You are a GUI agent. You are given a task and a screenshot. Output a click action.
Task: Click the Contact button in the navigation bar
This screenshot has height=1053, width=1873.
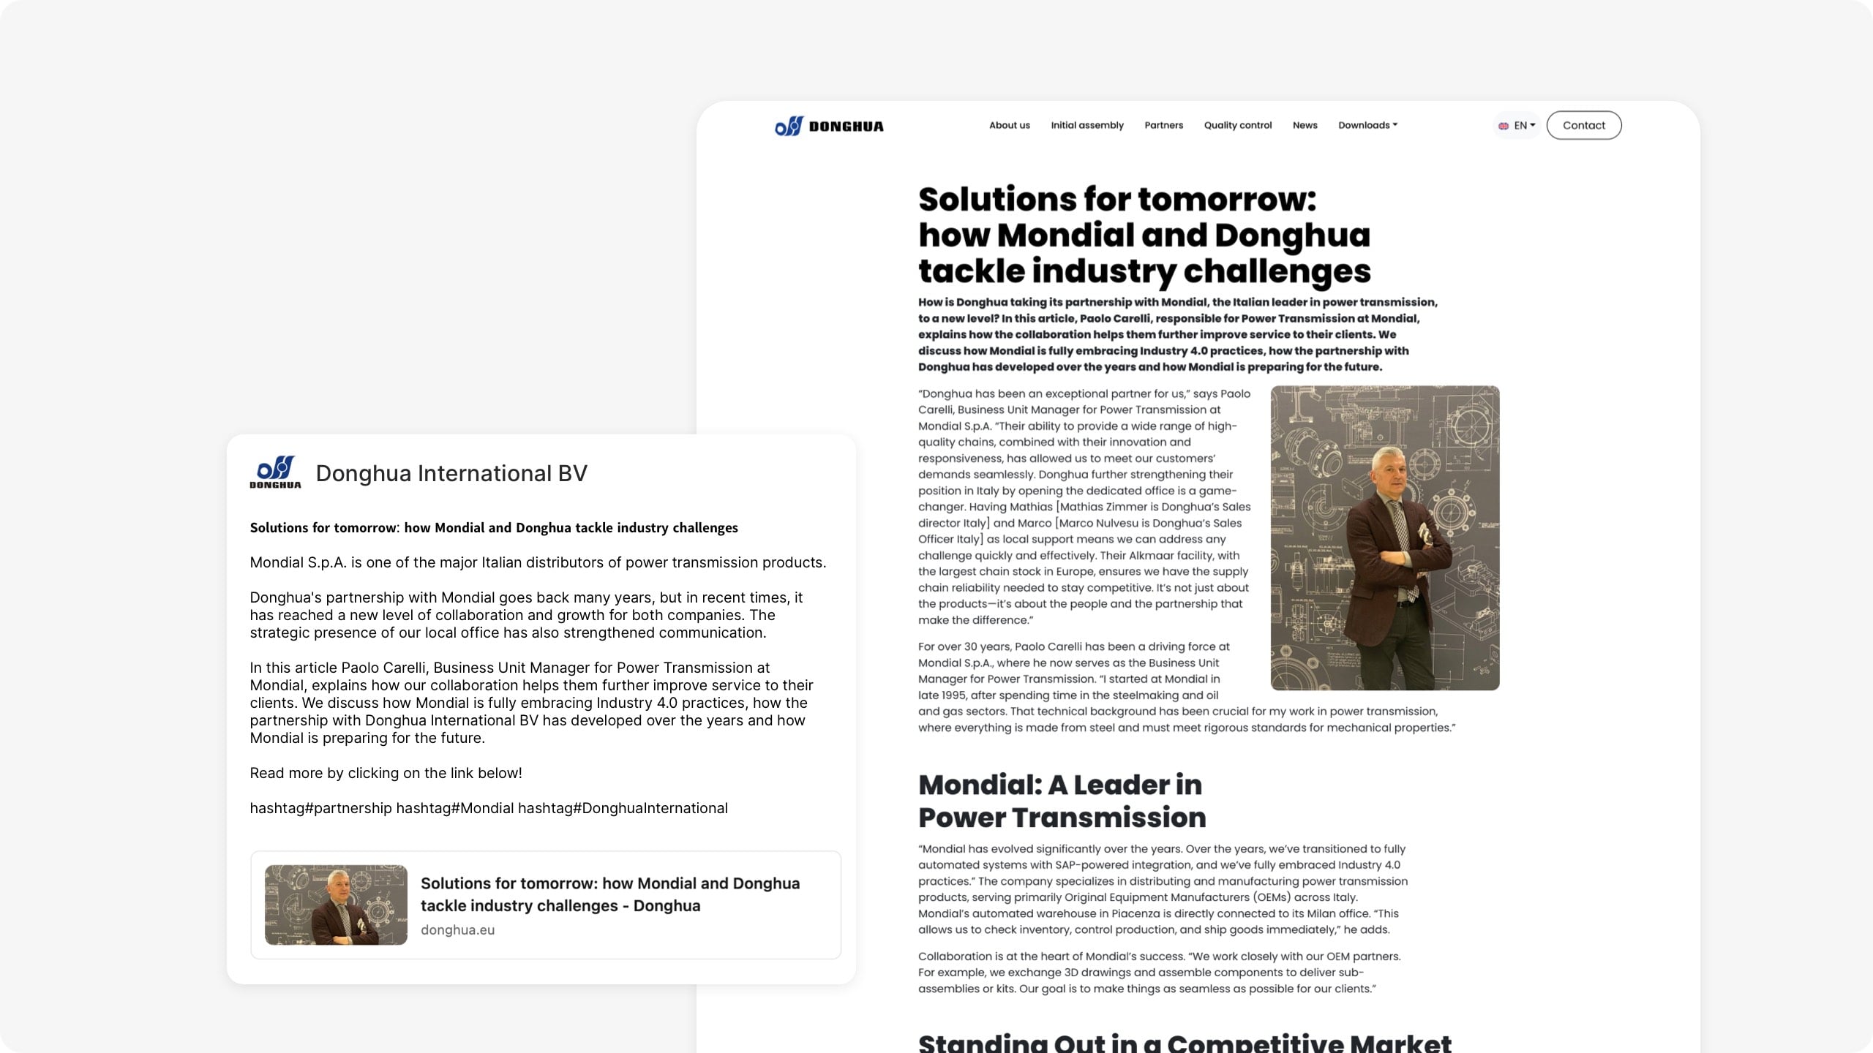coord(1583,125)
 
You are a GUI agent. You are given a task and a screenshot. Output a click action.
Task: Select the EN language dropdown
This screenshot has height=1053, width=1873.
coord(1517,125)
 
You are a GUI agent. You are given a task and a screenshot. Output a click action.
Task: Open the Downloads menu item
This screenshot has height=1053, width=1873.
coord(1367,125)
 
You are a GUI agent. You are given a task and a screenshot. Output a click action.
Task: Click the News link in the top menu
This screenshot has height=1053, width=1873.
coord(1305,125)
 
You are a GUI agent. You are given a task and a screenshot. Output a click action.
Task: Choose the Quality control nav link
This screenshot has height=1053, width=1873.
coord(1237,125)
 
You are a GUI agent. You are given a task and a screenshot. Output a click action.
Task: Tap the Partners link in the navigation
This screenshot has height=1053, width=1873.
coord(1163,125)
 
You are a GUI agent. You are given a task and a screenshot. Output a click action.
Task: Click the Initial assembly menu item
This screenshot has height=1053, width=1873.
coord(1086,125)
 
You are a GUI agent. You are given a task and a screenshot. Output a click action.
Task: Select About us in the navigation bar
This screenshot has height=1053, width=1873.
coord(1009,125)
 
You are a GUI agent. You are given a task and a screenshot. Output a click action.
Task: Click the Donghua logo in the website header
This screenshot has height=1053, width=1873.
coord(829,126)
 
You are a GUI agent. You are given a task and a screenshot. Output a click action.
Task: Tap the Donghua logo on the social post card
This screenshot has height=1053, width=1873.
coord(275,472)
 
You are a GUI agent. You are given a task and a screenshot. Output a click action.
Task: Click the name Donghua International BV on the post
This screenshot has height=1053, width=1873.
coord(451,473)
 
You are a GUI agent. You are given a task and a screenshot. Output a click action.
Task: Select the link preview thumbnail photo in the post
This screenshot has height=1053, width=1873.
coord(336,905)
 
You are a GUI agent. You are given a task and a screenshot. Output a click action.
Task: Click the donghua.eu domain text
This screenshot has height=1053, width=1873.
coord(457,929)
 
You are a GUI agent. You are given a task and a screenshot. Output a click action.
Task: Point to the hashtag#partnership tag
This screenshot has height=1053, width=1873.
coord(320,808)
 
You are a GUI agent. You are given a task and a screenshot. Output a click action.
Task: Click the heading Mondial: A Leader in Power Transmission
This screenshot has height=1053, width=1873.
coord(1061,801)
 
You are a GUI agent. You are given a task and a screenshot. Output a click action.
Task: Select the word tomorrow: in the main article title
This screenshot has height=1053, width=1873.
coord(1226,199)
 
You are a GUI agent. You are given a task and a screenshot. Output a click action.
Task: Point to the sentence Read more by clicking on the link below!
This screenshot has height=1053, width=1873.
coord(386,773)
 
